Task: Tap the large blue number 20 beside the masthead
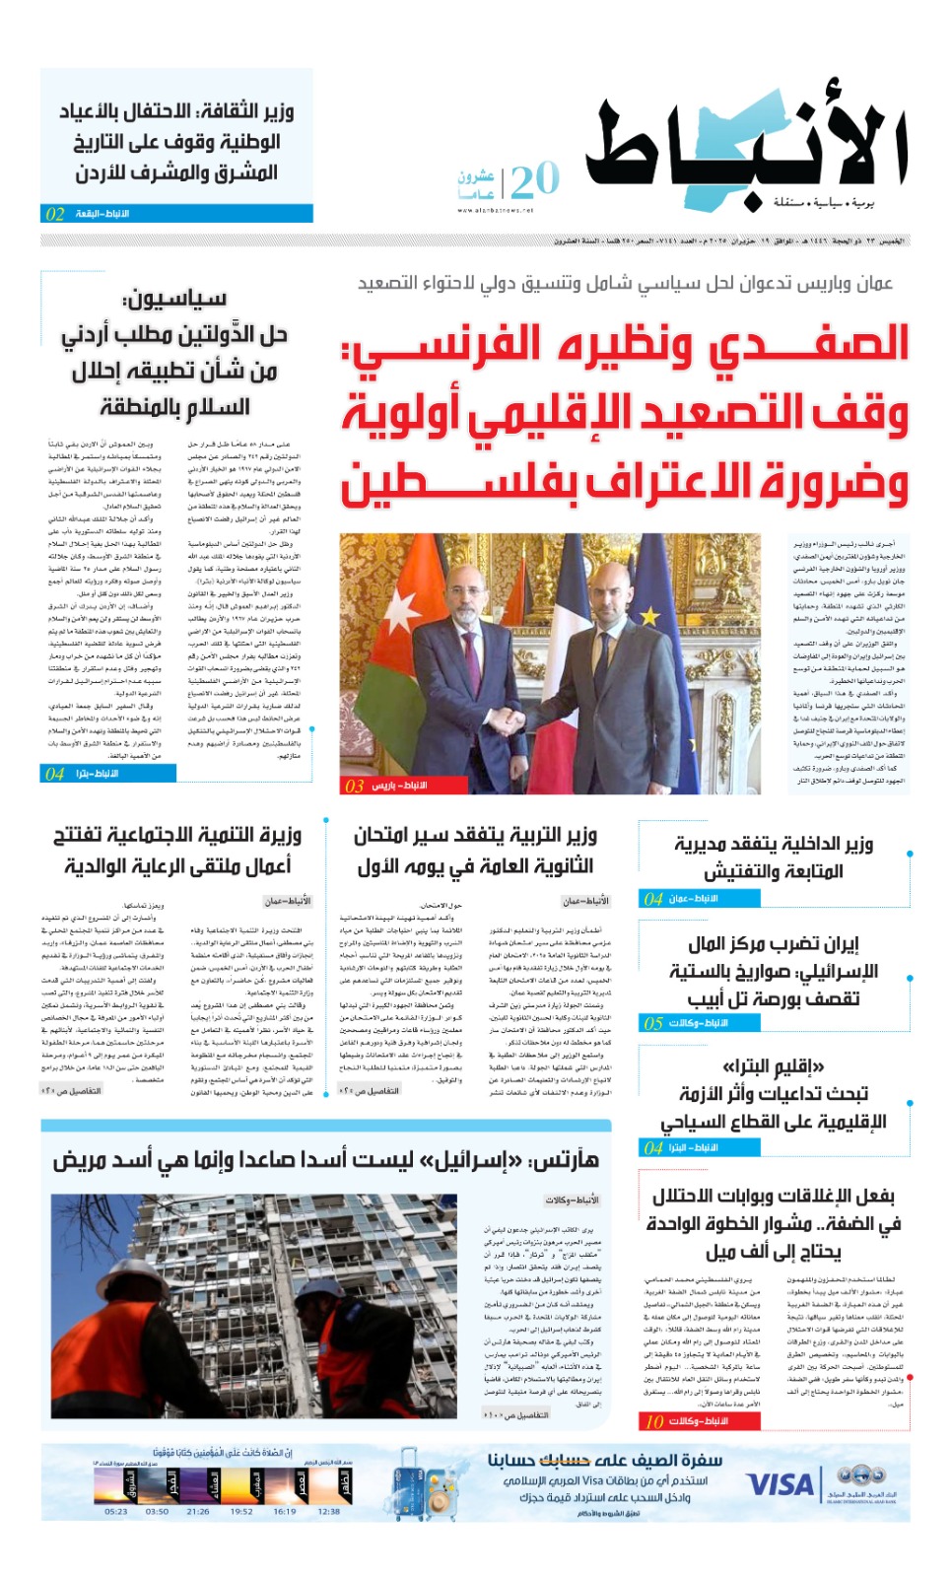coord(534,180)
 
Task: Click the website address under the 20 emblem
coord(495,210)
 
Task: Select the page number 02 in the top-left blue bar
coord(55,214)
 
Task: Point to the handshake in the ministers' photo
coord(508,721)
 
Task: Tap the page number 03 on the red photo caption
coord(354,786)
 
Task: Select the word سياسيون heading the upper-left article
coord(174,298)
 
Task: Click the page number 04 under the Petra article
coord(55,775)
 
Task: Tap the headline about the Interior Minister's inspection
coord(773,857)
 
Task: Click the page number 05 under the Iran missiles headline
coord(653,1023)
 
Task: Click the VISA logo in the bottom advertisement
coord(781,1483)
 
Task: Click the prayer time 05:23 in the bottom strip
coord(115,1511)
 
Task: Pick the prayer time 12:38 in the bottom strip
coord(329,1511)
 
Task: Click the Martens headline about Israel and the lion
coord(325,1159)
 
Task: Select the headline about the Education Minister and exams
coord(475,850)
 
